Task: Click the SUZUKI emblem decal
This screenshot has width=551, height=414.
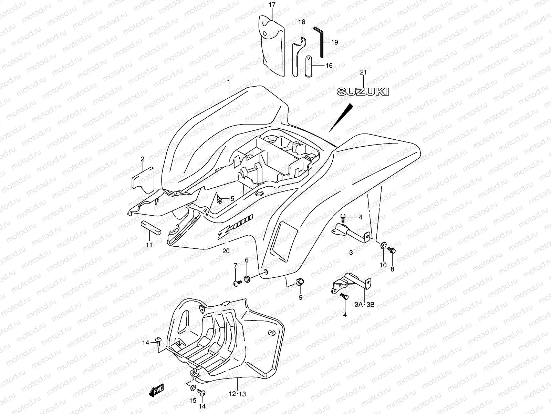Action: point(363,91)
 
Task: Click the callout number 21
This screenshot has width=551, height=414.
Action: point(363,72)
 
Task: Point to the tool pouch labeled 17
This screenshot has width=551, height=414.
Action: point(272,45)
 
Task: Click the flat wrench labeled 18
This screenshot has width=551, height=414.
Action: point(298,55)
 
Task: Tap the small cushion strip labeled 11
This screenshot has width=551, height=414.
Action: point(150,227)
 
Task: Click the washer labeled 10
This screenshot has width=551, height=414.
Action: point(383,245)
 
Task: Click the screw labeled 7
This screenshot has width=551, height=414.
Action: point(236,283)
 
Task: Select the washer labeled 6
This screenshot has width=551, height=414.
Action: point(247,278)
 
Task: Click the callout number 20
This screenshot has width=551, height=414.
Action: point(226,251)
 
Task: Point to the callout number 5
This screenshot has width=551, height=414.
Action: point(232,199)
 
